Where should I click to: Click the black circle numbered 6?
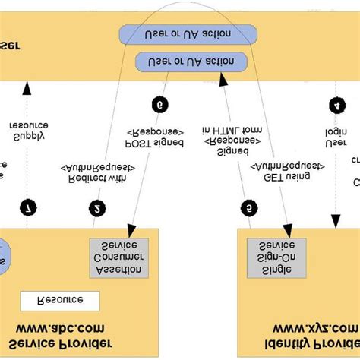click(159, 104)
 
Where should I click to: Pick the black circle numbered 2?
click(97, 208)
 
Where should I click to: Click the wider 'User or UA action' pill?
click(188, 35)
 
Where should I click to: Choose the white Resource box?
click(60, 300)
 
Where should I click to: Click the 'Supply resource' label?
click(29, 130)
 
